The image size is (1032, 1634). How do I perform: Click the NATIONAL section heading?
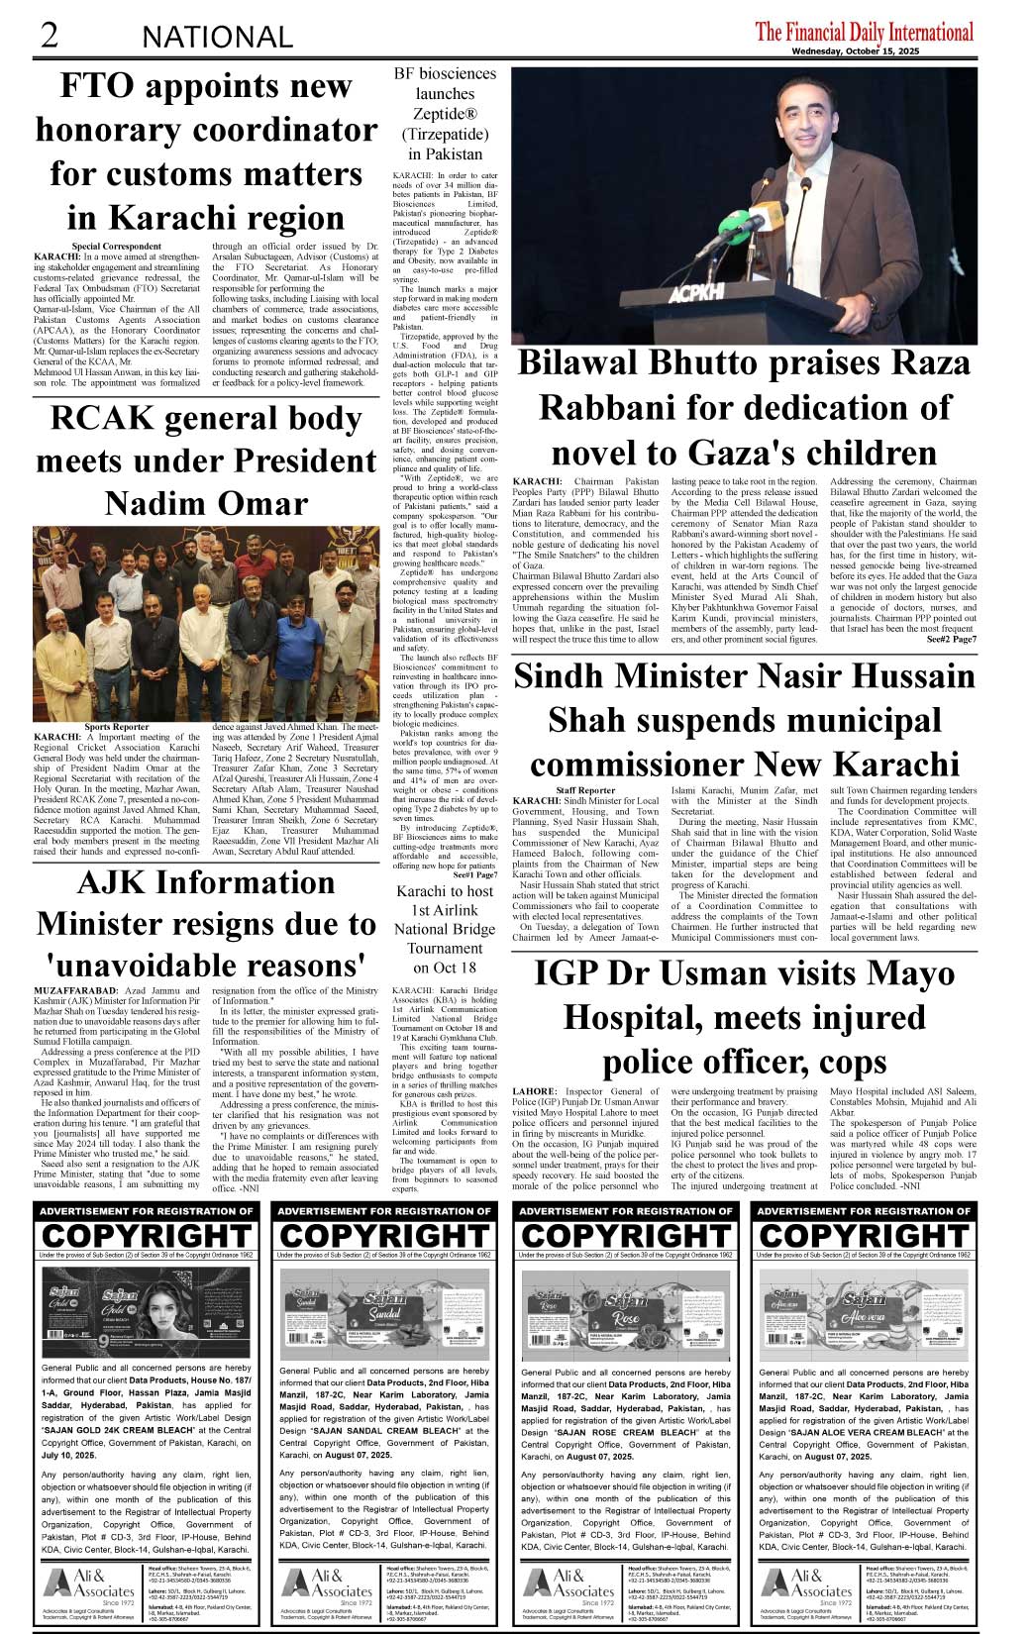click(218, 38)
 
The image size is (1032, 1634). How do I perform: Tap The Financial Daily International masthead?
click(864, 31)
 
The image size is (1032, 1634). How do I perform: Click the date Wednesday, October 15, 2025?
click(881, 52)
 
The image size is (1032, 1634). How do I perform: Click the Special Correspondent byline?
click(117, 246)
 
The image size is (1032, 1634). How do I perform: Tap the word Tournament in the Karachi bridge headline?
click(445, 948)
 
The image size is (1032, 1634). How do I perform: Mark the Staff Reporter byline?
click(585, 790)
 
